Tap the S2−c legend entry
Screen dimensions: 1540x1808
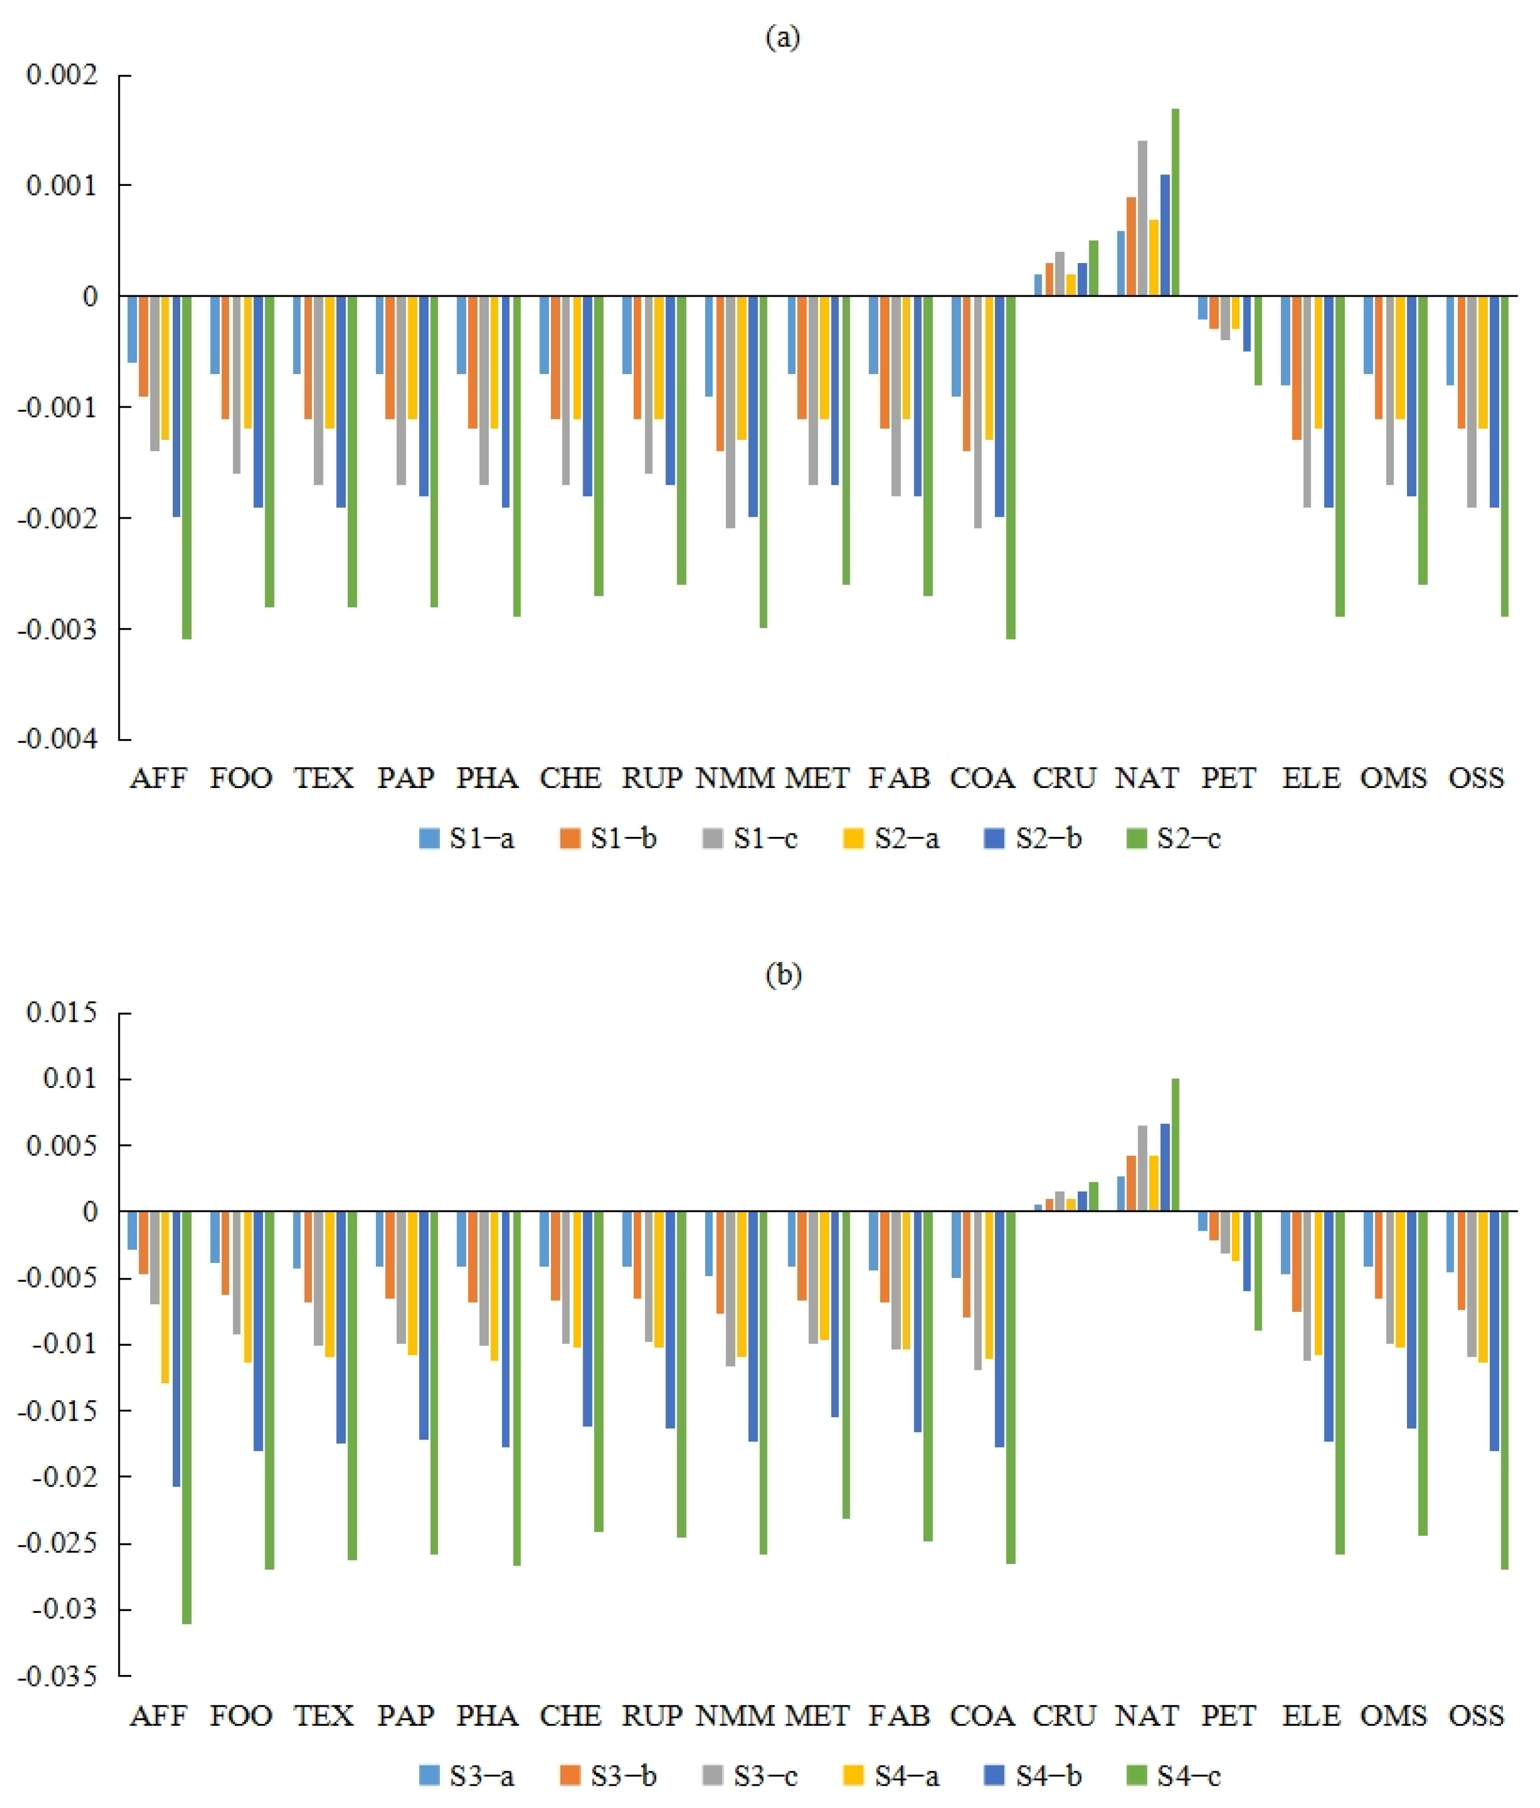1173,839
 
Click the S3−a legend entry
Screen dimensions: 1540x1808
467,1776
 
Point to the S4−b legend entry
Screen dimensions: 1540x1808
1034,1776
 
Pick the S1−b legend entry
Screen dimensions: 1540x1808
608,839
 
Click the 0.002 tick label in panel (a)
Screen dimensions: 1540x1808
61,75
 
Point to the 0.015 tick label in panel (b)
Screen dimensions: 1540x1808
61,1013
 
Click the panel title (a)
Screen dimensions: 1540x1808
782,37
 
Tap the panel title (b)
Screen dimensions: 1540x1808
782,975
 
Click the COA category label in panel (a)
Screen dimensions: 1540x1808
982,778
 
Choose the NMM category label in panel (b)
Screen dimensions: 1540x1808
735,1715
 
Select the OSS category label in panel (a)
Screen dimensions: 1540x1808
1476,778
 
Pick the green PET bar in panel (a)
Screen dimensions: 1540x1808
1257,340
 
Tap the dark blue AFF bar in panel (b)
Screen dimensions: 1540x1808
176,1348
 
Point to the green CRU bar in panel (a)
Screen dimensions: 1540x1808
1093,269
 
